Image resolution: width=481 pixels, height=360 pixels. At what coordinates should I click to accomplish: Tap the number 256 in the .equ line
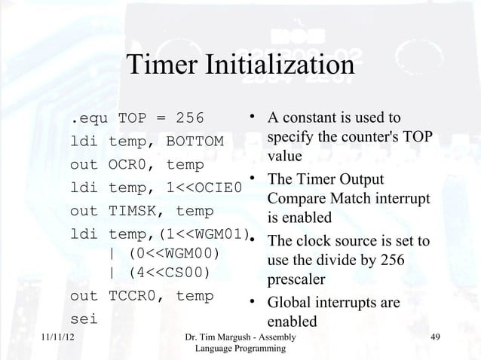point(195,118)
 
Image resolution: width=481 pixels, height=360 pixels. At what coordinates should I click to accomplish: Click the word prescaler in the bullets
point(297,279)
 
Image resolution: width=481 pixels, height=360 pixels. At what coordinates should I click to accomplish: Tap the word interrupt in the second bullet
point(400,199)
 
